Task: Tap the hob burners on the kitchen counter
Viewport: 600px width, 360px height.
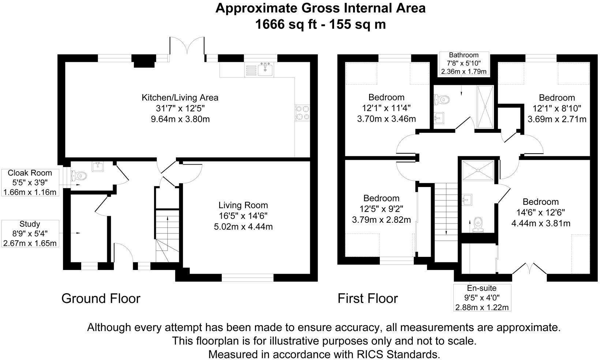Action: [x=303, y=112]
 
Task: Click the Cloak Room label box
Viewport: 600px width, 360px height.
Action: [x=30, y=182]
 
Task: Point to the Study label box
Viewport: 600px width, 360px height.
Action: [x=30, y=233]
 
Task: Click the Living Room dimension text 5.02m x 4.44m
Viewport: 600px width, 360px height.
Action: [x=243, y=227]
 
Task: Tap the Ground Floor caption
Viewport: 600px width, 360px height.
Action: [x=101, y=299]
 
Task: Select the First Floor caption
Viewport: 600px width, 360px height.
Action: [x=367, y=299]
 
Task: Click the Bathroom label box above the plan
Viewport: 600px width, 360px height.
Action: [x=464, y=63]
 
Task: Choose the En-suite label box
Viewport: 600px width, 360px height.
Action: [x=482, y=297]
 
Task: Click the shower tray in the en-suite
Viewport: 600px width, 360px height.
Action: [x=477, y=170]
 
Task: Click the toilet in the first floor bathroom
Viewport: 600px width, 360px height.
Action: [x=442, y=99]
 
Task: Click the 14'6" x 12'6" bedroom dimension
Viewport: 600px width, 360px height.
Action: [x=540, y=213]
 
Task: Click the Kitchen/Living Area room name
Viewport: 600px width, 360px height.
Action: [x=180, y=98]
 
